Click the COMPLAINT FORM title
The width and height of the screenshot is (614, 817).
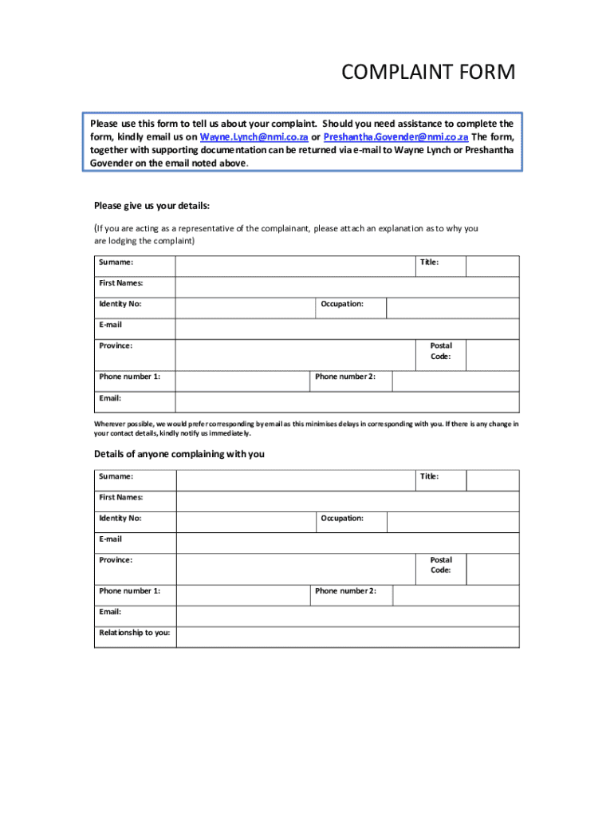point(428,73)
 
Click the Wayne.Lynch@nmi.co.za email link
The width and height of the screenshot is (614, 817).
point(254,136)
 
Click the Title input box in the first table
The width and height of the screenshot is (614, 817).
point(492,266)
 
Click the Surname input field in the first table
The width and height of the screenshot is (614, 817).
point(294,266)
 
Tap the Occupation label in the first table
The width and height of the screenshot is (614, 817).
point(342,304)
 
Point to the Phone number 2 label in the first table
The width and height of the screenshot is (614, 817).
point(345,377)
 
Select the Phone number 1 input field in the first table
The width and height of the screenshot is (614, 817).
point(242,381)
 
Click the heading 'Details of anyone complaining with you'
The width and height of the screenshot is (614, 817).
point(179,454)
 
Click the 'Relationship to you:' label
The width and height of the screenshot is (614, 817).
point(134,633)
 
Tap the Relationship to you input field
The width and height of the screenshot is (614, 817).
point(347,637)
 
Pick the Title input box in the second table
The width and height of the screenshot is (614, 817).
point(492,480)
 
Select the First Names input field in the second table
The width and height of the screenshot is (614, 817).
point(347,501)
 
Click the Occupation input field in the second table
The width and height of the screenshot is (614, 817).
point(452,522)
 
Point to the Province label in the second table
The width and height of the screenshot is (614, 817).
point(116,560)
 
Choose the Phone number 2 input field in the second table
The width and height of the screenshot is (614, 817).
point(455,595)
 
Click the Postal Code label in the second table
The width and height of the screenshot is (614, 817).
point(441,565)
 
